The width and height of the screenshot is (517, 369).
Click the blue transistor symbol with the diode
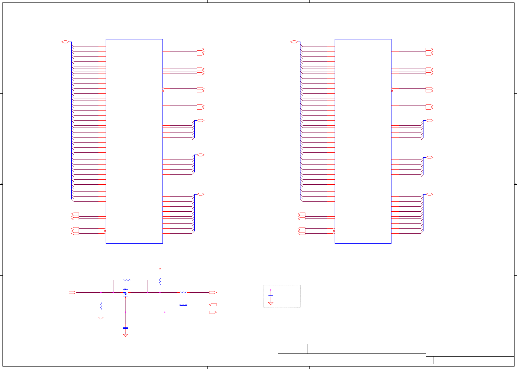click(x=126, y=292)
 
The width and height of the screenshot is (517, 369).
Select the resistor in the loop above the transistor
click(x=126, y=280)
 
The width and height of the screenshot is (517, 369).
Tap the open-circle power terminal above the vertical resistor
click(x=160, y=269)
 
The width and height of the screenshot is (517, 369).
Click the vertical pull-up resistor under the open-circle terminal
click(x=160, y=281)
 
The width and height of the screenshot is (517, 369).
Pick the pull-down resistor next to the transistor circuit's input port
click(x=101, y=306)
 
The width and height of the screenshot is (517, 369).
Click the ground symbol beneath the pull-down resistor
click(x=101, y=318)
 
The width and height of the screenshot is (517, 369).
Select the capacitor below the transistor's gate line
click(x=126, y=328)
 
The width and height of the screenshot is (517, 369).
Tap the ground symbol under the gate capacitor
click(x=126, y=335)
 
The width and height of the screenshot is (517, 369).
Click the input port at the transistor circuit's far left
click(x=72, y=292)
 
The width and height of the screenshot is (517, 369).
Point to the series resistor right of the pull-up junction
click(x=183, y=292)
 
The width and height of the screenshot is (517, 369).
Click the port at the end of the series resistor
click(x=213, y=292)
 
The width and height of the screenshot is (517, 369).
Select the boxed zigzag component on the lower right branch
click(x=183, y=305)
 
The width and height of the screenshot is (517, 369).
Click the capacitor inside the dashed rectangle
click(x=271, y=296)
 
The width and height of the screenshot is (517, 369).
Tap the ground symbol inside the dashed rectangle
click(x=271, y=303)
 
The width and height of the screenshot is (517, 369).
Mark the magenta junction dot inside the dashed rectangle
click(x=271, y=290)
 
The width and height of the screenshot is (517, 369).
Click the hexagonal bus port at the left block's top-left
click(x=65, y=42)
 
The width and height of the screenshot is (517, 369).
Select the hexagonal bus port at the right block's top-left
click(x=294, y=42)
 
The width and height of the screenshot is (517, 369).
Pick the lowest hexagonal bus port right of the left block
click(x=201, y=194)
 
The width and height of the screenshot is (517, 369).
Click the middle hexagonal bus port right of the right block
click(x=429, y=157)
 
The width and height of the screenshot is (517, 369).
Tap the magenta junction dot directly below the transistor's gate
click(x=126, y=312)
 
